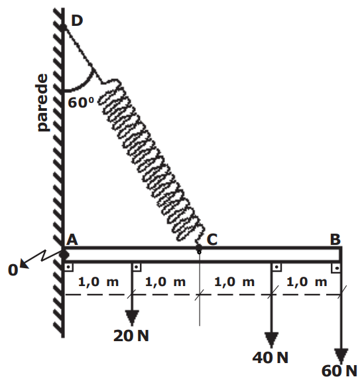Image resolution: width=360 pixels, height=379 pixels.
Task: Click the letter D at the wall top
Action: [77, 21]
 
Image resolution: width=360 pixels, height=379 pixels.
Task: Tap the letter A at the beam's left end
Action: [72, 240]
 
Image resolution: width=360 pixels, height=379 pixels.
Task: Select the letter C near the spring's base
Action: [212, 240]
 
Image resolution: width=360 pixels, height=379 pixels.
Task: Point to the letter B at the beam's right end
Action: [335, 240]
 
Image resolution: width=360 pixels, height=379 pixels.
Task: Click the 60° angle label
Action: [81, 102]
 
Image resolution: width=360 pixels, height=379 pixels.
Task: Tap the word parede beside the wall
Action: [42, 102]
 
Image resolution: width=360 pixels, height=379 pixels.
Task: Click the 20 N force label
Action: [131, 336]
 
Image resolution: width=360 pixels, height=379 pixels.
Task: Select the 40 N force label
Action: [270, 358]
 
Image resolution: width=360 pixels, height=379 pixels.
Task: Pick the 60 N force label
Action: [339, 370]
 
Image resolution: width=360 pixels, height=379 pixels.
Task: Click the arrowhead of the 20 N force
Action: [132, 318]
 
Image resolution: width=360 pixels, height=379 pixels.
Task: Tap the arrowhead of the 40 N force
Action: [271, 340]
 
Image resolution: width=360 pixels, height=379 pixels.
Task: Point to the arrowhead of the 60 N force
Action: [341, 356]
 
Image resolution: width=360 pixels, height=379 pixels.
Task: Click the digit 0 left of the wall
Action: [13, 270]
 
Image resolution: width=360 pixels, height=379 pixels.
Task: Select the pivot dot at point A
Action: [64, 254]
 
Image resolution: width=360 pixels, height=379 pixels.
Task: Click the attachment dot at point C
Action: [199, 248]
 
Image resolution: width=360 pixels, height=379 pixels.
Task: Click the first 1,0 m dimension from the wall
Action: [98, 282]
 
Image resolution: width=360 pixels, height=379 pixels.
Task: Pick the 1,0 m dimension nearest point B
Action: [307, 282]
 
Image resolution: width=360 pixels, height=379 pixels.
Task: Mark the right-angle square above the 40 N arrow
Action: [276, 267]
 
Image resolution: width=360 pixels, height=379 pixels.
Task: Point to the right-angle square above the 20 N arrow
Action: [137, 267]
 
